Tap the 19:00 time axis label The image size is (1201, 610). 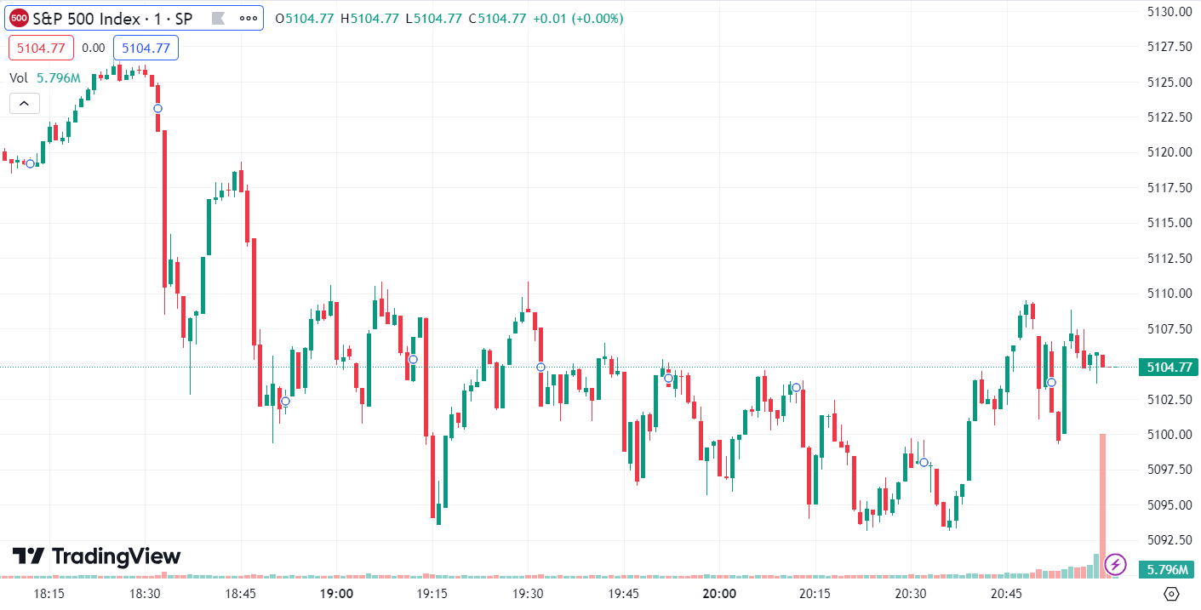pos(336,593)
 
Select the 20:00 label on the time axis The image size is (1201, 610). pos(719,593)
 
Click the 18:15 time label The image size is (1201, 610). pos(49,593)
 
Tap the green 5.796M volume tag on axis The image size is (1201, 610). pos(1168,569)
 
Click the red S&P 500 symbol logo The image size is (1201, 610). pos(19,18)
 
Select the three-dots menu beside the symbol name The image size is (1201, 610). pos(249,18)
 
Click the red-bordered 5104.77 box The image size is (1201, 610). pos(42,48)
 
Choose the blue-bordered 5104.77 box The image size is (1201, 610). pos(146,48)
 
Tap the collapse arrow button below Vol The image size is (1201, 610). pos(24,104)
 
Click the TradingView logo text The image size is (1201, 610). pos(96,556)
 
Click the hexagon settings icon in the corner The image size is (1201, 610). pos(1171,593)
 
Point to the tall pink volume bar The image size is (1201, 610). pos(1102,502)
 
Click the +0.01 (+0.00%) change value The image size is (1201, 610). pos(578,18)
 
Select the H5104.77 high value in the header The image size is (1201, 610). pos(369,18)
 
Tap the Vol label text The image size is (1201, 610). pos(19,78)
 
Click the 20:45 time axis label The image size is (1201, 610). pos(1006,593)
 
